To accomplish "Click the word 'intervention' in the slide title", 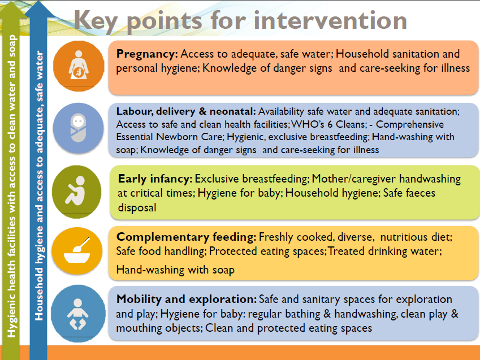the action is tap(330, 20).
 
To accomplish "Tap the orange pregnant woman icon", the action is tap(79, 66).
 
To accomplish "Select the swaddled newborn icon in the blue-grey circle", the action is tap(79, 128).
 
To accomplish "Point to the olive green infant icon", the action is tap(76, 192).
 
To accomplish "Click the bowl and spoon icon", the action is tap(77, 251).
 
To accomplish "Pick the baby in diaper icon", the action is tap(78, 314).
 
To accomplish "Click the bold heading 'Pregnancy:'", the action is tap(147, 54).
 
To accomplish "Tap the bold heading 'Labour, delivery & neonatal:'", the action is tap(186, 111).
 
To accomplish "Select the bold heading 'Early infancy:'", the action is tap(155, 179).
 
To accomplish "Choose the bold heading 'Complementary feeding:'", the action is tap(187, 237).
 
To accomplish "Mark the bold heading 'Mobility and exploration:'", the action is tap(187, 299).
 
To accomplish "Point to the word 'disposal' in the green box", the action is tap(137, 207).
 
